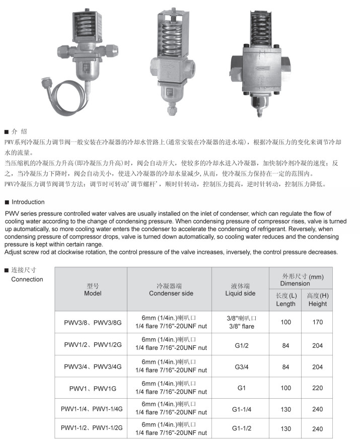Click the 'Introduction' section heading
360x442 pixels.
tap(28, 202)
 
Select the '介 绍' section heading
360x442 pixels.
tap(20, 131)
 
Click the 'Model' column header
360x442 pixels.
tap(93, 289)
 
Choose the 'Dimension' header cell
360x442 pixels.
tap(302, 280)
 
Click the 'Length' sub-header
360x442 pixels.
tap(286, 300)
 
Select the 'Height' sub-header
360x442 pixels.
tap(318, 300)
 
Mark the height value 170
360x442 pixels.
tap(318, 322)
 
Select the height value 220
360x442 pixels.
tap(318, 389)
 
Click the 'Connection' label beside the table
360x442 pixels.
tap(27, 279)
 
